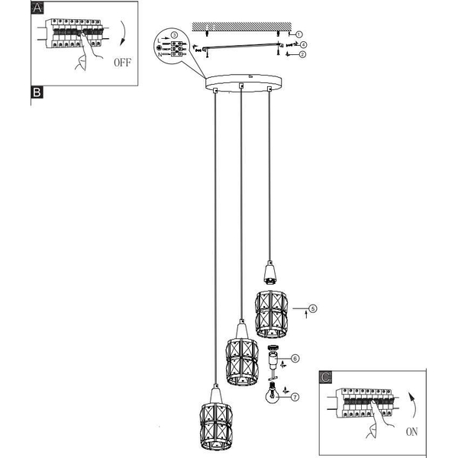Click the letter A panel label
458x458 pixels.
[x=37, y=8]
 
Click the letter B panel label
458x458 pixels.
[x=37, y=92]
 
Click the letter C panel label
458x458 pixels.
[x=326, y=377]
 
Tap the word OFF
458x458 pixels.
[x=123, y=63]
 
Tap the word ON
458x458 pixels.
[x=412, y=432]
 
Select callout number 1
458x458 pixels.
[x=298, y=34]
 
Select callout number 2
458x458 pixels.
[x=302, y=54]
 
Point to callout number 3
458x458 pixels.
[x=174, y=35]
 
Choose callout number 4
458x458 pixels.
[x=304, y=45]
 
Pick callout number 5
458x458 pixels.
[x=313, y=308]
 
